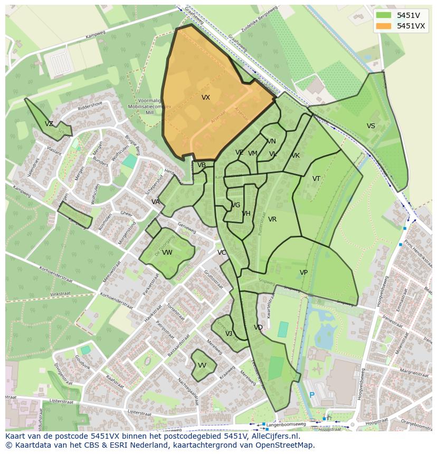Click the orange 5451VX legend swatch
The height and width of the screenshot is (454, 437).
click(385, 26)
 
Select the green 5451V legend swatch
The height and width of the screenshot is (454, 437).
click(385, 15)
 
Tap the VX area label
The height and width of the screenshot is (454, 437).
click(206, 98)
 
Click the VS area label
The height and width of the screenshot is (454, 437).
click(371, 126)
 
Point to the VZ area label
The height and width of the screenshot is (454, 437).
click(49, 124)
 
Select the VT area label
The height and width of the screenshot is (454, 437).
click(316, 179)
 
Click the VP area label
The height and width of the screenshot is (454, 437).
click(303, 273)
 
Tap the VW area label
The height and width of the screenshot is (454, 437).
click(167, 253)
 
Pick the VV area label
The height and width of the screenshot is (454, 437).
click(202, 365)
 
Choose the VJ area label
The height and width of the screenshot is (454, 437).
click(229, 334)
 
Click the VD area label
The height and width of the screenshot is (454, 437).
click(258, 327)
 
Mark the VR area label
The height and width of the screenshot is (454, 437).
click(272, 219)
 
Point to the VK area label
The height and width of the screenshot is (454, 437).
click(296, 156)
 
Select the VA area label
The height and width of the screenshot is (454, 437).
click(156, 202)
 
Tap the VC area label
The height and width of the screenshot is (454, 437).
click(222, 253)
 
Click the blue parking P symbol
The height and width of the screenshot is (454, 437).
click(311, 395)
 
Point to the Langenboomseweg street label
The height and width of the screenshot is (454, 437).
click(287, 424)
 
